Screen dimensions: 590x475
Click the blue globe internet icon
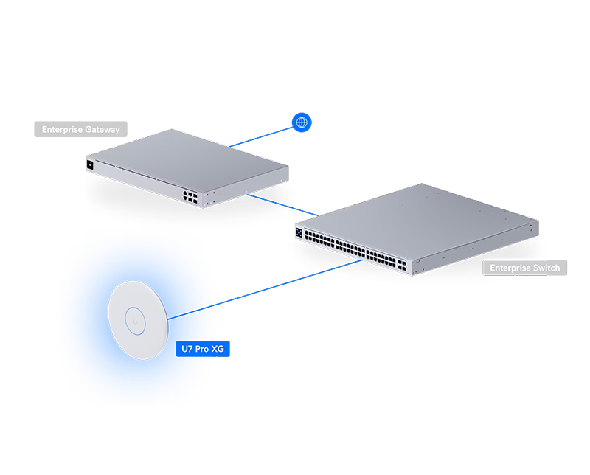302,122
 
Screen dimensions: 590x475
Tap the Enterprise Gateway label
80,129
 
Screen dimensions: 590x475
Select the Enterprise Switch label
524,268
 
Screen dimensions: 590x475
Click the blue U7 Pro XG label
203,349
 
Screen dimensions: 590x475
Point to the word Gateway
102,130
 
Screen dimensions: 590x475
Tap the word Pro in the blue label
202,349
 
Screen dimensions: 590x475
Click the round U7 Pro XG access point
138,320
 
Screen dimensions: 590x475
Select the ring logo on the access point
135,321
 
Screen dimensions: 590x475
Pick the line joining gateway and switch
282,205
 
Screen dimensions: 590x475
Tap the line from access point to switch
265,290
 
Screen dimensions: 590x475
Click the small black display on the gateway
90,164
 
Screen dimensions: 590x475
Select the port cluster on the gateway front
190,197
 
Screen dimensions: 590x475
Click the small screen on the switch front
299,232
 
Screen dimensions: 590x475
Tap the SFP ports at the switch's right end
402,265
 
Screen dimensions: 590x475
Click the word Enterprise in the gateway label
62,130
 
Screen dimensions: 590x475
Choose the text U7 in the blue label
187,349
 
